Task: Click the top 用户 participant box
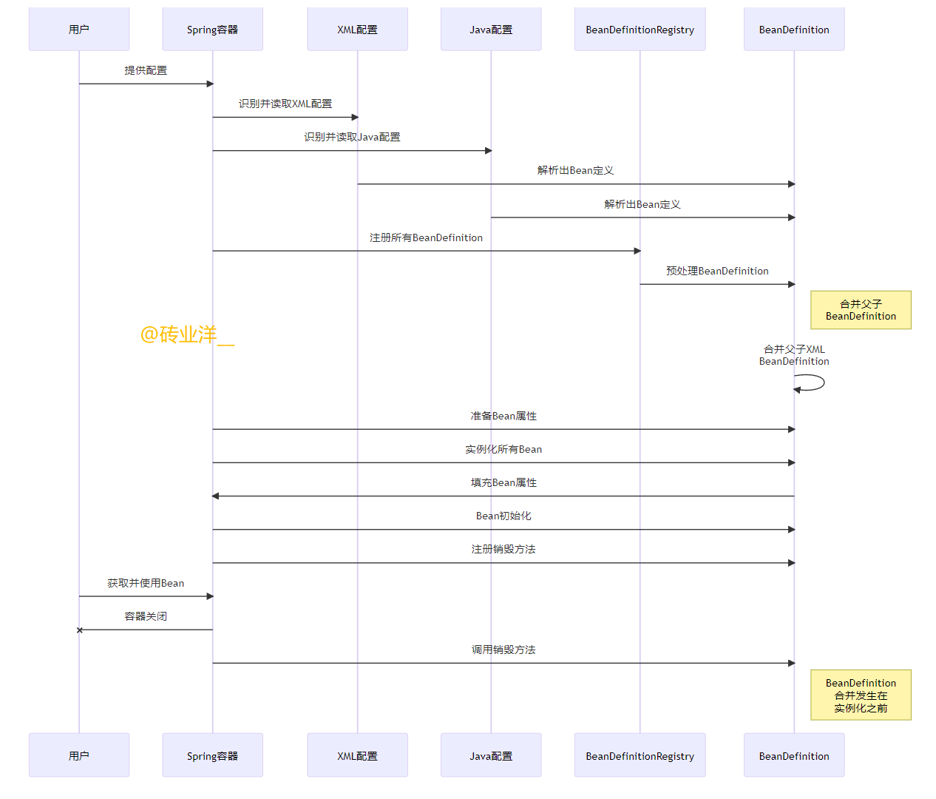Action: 79,30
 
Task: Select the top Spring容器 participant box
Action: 212,30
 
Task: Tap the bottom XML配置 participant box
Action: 357,755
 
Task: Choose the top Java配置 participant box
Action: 491,30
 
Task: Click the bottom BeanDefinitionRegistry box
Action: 640,755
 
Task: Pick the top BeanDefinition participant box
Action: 794,30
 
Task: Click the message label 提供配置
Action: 146,70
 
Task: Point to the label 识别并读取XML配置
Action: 285,104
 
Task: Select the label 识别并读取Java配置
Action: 352,137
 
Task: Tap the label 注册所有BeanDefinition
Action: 426,237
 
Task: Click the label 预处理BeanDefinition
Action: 717,271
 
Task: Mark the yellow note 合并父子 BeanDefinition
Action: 861,310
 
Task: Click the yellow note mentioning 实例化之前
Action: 861,695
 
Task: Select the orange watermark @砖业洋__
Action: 187,334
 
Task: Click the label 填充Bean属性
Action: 503,482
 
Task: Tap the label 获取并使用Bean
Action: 146,583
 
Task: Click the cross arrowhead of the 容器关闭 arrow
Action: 80,630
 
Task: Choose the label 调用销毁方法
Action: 503,650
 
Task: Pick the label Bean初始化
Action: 503,516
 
